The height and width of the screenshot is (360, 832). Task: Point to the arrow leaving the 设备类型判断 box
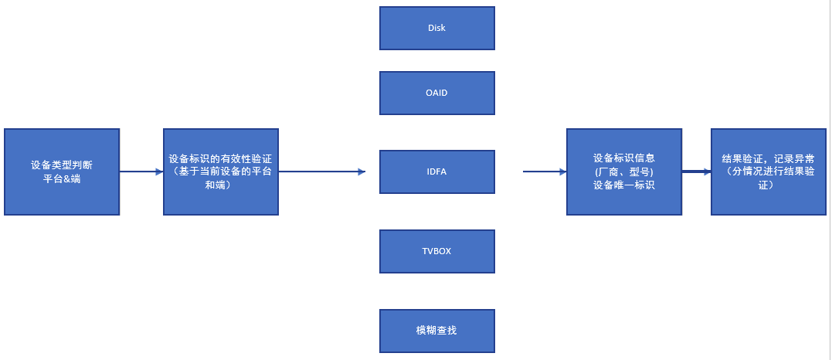tap(141, 172)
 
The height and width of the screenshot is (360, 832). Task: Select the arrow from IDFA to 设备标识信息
tap(544, 172)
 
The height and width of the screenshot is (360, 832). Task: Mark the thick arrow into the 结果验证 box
tap(696, 172)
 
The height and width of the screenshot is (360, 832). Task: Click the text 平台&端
tap(62, 179)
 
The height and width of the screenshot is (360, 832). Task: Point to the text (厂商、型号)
tap(624, 172)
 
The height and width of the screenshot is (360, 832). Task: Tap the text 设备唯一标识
tap(624, 185)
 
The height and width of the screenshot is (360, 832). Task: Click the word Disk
tap(436, 28)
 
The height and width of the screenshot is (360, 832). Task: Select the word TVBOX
tap(436, 251)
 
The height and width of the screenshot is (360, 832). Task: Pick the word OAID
tap(436, 93)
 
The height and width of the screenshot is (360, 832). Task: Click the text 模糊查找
tap(436, 331)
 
